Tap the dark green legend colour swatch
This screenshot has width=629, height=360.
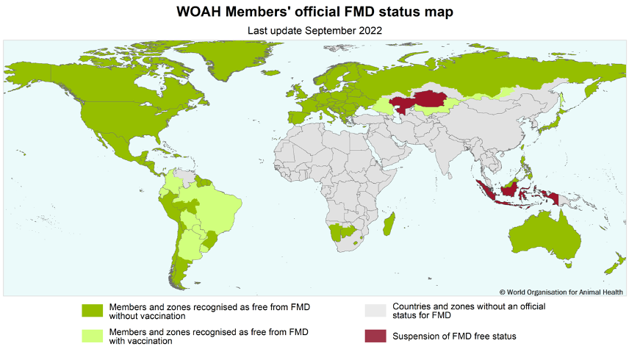93,311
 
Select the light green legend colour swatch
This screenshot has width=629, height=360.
93,336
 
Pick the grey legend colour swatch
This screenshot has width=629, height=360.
375,311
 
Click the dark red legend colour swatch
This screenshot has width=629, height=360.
375,336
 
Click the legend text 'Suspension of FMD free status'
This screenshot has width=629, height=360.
454,336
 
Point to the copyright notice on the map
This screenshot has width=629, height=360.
562,291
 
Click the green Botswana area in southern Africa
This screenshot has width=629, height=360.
342,233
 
